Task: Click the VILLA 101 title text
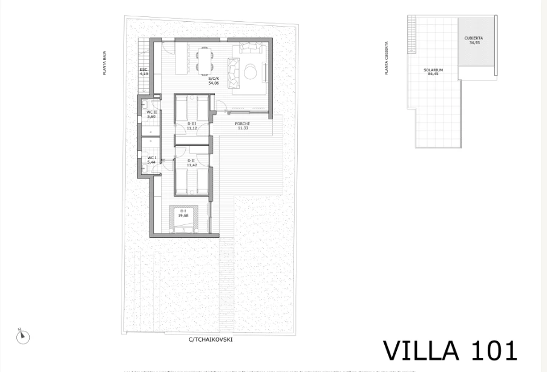450,351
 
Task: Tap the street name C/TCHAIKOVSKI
210,339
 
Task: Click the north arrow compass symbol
22,336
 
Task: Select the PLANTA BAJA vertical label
104,63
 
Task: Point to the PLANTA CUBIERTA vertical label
387,58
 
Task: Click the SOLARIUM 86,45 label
433,72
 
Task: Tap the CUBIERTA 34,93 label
474,41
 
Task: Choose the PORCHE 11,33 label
243,126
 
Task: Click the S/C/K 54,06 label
213,81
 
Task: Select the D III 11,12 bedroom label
192,126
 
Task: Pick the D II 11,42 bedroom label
192,163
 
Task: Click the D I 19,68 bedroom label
183,213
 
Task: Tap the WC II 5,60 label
151,114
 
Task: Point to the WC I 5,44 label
151,160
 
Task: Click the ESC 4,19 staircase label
143,71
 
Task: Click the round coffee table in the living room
251,72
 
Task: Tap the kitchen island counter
182,59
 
